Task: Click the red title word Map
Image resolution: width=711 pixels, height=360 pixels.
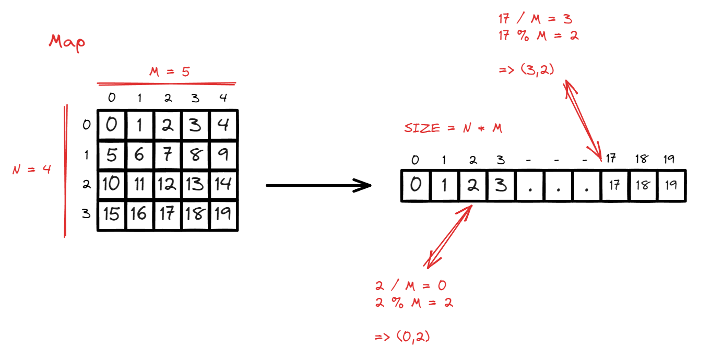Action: coord(67,43)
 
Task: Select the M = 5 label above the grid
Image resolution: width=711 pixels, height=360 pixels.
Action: coord(169,72)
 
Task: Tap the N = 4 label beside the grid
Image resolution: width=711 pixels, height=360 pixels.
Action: coord(32,170)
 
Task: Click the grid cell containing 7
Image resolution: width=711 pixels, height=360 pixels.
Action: coord(168,155)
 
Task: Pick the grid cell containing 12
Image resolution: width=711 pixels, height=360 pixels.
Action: coord(168,184)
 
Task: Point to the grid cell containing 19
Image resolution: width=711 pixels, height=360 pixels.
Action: coord(223,214)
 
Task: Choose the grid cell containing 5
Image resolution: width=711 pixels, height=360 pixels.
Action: coord(111,155)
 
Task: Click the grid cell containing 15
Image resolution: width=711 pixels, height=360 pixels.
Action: coord(111,214)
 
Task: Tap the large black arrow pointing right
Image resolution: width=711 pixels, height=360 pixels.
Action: coord(318,185)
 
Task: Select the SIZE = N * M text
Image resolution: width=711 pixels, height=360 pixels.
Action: coord(453,128)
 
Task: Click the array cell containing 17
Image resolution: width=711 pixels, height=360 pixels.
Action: coord(614,185)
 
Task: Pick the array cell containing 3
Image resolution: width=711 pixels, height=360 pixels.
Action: coord(500,185)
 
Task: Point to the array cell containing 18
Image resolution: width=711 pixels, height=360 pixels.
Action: coord(643,185)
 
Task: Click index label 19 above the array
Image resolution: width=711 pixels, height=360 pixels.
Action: coord(669,159)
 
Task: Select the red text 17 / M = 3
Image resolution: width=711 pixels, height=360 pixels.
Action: coord(535,20)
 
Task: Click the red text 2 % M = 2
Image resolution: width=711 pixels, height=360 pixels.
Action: coord(414,303)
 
